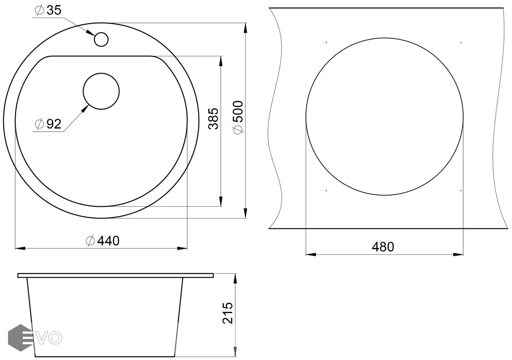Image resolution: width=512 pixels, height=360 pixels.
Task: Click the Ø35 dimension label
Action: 48,10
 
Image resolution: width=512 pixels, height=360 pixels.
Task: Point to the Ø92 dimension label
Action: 48,124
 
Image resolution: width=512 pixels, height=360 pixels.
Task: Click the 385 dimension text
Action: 214,119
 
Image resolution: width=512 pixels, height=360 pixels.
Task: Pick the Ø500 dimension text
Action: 238,118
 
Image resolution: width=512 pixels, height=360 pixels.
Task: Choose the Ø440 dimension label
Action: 103,241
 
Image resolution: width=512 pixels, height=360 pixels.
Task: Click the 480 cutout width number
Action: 383,247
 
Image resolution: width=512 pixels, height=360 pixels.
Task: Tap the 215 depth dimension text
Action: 228,313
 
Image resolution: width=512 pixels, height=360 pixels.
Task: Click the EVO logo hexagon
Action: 20,338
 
